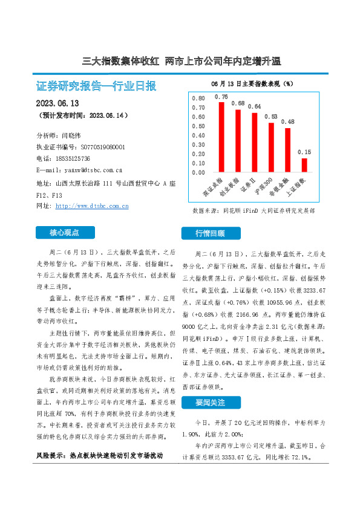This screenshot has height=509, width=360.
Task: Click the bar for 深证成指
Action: click(x=221, y=137)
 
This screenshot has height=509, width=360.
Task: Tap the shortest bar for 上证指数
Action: click(x=304, y=165)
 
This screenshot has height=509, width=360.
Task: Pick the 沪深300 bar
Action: click(x=271, y=148)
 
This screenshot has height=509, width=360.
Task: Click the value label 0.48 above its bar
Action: click(x=287, y=122)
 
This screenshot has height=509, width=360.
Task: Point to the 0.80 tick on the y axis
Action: click(x=198, y=98)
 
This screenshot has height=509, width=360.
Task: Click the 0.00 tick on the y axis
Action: click(x=198, y=173)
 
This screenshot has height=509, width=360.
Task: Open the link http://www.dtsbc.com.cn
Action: click(x=92, y=206)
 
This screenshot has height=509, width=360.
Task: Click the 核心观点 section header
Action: click(x=65, y=232)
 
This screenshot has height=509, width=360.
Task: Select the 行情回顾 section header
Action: click(x=210, y=233)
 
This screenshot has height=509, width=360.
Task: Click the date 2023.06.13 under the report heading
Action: click(x=58, y=103)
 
